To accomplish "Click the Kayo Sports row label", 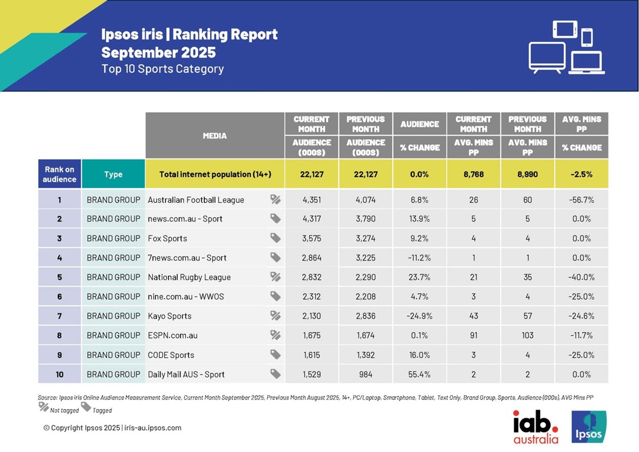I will pyautogui.click(x=169, y=316).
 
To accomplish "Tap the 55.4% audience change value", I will pyautogui.click(x=419, y=375).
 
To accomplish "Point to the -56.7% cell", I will pyautogui.click(x=581, y=200).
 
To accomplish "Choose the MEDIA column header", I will pyautogui.click(x=215, y=135).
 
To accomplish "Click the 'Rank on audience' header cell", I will pyautogui.click(x=59, y=174).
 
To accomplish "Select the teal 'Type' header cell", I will pyautogui.click(x=113, y=174).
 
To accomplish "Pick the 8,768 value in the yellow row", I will pyautogui.click(x=473, y=174).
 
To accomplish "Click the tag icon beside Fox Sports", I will pyautogui.click(x=275, y=238).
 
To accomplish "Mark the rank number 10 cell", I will pyautogui.click(x=59, y=375).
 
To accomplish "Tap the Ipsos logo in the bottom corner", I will pyautogui.click(x=589, y=427).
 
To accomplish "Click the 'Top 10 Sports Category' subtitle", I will pyautogui.click(x=163, y=69).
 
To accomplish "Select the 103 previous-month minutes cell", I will pyautogui.click(x=527, y=336).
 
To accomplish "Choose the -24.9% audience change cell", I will pyautogui.click(x=419, y=316).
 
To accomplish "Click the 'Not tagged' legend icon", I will pyautogui.click(x=44, y=407).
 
